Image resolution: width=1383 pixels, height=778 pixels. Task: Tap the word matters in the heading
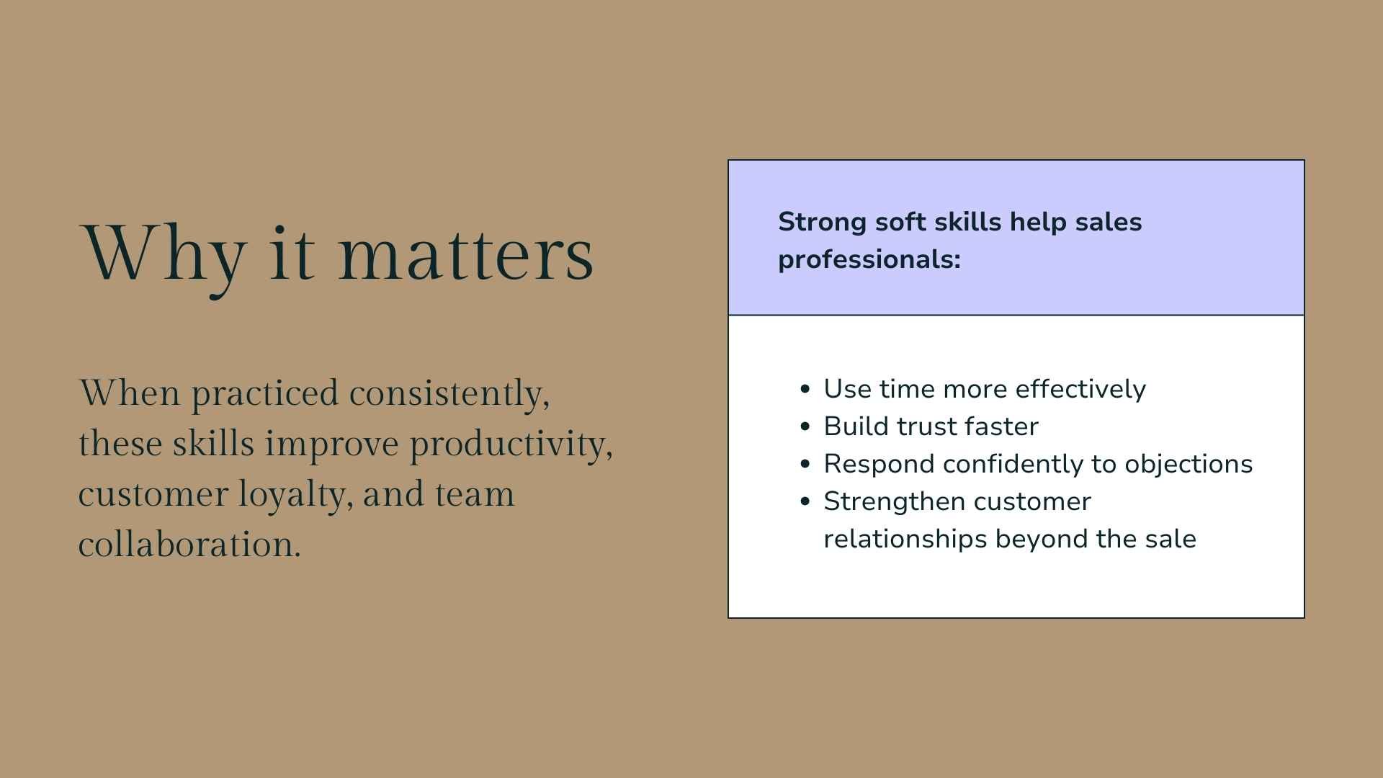tap(466, 254)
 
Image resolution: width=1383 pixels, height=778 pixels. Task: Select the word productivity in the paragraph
tap(511, 444)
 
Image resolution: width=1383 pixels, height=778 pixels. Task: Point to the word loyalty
tap(295, 494)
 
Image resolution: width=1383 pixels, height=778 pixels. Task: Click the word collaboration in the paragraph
tap(189, 545)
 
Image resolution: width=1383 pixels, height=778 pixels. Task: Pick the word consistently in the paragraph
tap(449, 394)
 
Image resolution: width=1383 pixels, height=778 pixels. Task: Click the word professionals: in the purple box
tap(869, 259)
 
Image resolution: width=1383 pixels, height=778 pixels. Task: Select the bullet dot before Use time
tap(805, 390)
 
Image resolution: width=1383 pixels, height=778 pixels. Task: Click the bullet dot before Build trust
tap(805, 427)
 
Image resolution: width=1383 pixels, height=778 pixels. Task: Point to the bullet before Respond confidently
tap(805, 465)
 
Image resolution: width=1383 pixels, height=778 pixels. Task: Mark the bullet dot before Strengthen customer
tap(805, 502)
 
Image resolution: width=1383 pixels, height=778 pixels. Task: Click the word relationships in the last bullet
tap(905, 539)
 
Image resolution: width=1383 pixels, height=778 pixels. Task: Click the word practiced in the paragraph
tap(264, 394)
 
